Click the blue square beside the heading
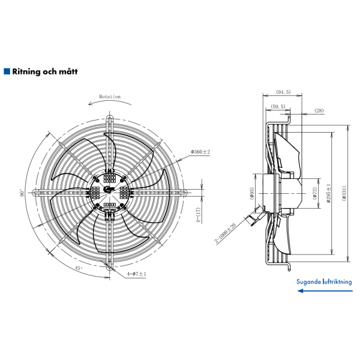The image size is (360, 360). pos(7,71)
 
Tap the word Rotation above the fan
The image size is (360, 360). pos(110,97)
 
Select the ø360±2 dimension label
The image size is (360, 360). pos(200,152)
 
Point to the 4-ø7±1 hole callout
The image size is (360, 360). pos(137,274)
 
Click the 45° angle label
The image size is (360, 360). pos(79,268)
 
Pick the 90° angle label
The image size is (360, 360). pos(22,193)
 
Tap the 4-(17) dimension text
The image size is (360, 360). pos(199,215)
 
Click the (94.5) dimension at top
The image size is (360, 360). pos(283,92)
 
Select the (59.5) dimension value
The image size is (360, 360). pos(278,107)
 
